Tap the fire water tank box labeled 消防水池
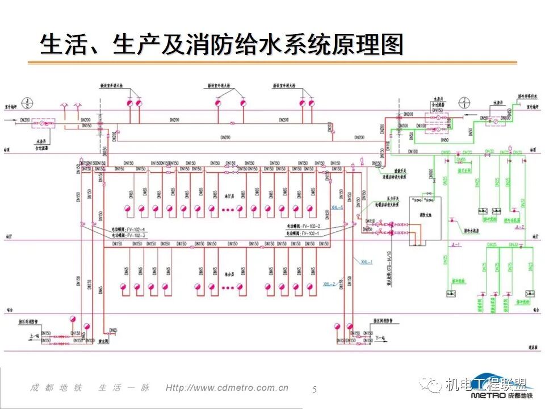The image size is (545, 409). point(425,222)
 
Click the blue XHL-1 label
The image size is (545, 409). point(367,262)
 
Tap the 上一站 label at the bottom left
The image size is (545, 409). point(33,336)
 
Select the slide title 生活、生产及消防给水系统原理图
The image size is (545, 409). point(221,44)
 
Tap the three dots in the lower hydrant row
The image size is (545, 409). point(228,288)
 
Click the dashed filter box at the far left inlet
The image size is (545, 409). point(43,122)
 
